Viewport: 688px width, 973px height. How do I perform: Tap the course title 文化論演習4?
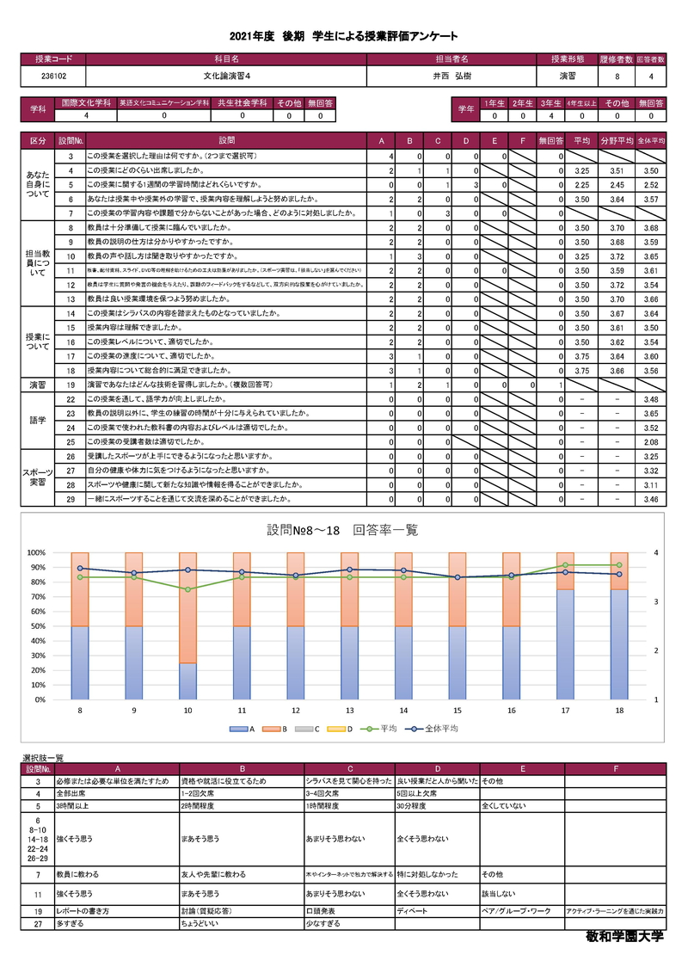tap(226, 76)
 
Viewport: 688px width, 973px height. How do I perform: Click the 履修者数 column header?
tap(617, 59)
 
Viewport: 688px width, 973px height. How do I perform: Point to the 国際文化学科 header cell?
tap(85, 102)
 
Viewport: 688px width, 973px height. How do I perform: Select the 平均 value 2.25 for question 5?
tap(580, 184)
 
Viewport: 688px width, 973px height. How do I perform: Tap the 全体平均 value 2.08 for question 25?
tap(650, 441)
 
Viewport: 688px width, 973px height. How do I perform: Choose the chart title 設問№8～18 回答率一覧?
tap(342, 530)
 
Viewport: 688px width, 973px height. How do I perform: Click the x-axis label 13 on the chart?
tap(349, 710)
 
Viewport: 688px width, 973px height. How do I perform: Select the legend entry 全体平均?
tap(436, 728)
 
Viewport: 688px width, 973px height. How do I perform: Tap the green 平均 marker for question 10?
tap(187, 589)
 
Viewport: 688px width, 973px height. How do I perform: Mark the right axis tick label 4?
tap(655, 552)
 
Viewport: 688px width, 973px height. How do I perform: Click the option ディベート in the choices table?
tap(411, 909)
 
